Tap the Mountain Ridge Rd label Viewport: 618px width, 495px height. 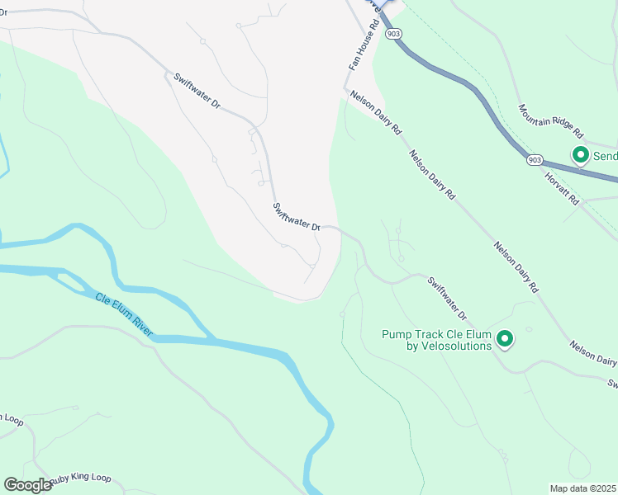[551, 120]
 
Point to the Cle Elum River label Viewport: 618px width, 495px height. [124, 313]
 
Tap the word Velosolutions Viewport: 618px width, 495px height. [449, 346]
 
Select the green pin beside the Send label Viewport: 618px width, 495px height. [580, 154]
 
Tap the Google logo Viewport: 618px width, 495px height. [27, 485]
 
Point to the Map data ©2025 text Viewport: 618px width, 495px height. [582, 488]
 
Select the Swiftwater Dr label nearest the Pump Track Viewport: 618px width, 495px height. [447, 299]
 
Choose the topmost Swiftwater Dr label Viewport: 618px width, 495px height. [197, 92]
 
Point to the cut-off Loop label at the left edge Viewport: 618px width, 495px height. [12, 418]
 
